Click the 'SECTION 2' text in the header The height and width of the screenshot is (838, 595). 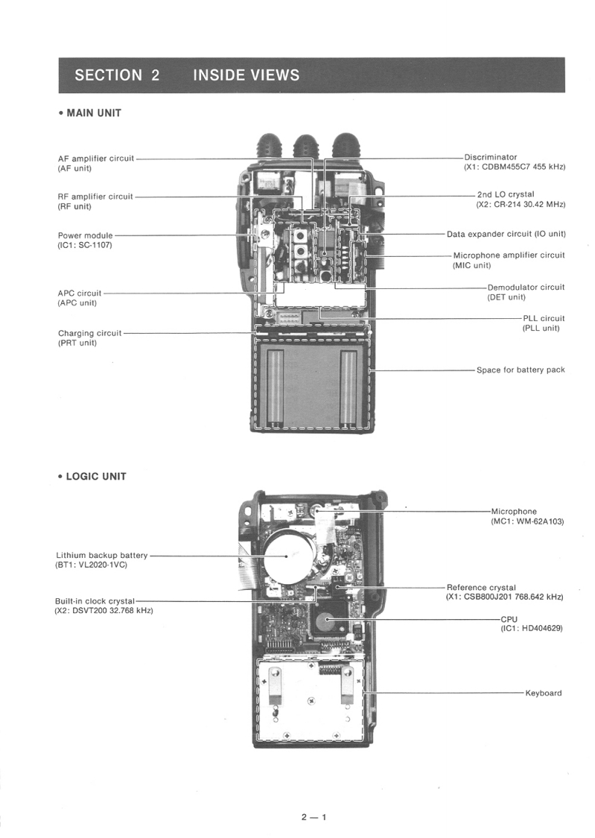click(x=117, y=75)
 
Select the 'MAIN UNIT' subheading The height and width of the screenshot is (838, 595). click(x=93, y=113)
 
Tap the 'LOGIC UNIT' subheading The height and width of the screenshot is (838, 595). click(x=96, y=477)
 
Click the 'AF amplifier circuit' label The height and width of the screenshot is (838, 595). click(x=96, y=158)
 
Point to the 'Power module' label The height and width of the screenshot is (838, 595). click(x=85, y=235)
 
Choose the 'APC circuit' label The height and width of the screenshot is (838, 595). click(x=79, y=293)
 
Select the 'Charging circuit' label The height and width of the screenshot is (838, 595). click(x=90, y=333)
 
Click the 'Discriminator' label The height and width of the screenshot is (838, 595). click(x=490, y=157)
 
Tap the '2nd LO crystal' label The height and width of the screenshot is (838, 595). click(x=505, y=194)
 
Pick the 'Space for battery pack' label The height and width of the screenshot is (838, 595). click(x=520, y=369)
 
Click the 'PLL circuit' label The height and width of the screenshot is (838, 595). click(x=543, y=318)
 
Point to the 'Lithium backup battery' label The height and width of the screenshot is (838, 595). click(x=102, y=555)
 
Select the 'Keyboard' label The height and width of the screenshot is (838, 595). click(x=543, y=693)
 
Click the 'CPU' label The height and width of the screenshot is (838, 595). click(x=509, y=619)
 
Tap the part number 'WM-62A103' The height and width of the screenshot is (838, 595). click(x=540, y=521)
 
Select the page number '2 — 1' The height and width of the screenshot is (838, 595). click(x=314, y=816)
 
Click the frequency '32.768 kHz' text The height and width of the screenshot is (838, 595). click(x=131, y=610)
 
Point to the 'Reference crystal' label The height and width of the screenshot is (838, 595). click(x=481, y=587)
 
